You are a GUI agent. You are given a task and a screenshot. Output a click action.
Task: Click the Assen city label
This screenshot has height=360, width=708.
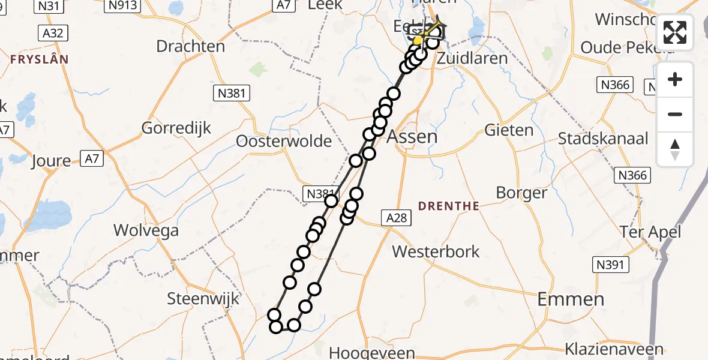(412, 136)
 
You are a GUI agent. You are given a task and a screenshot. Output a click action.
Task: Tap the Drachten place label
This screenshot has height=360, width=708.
(190, 46)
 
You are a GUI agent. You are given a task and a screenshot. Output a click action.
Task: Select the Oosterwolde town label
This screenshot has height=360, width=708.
(284, 141)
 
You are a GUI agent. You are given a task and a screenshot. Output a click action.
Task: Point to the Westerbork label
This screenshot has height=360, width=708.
(436, 251)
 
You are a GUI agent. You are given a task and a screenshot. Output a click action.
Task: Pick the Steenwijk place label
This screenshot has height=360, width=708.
(203, 298)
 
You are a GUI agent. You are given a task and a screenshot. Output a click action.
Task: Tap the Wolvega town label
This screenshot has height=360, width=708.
(146, 230)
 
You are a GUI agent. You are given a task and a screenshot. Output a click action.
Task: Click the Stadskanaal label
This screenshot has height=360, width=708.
(603, 139)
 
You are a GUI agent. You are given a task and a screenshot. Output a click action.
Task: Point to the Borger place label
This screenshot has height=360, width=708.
(521, 193)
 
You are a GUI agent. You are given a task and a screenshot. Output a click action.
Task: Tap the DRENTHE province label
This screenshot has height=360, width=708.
(448, 206)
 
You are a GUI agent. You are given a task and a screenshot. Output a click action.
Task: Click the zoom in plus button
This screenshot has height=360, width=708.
(675, 79)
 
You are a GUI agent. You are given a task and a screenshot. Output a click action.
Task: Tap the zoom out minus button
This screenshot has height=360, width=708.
(675, 114)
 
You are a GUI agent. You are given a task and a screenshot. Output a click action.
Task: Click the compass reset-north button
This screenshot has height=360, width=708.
(675, 149)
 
